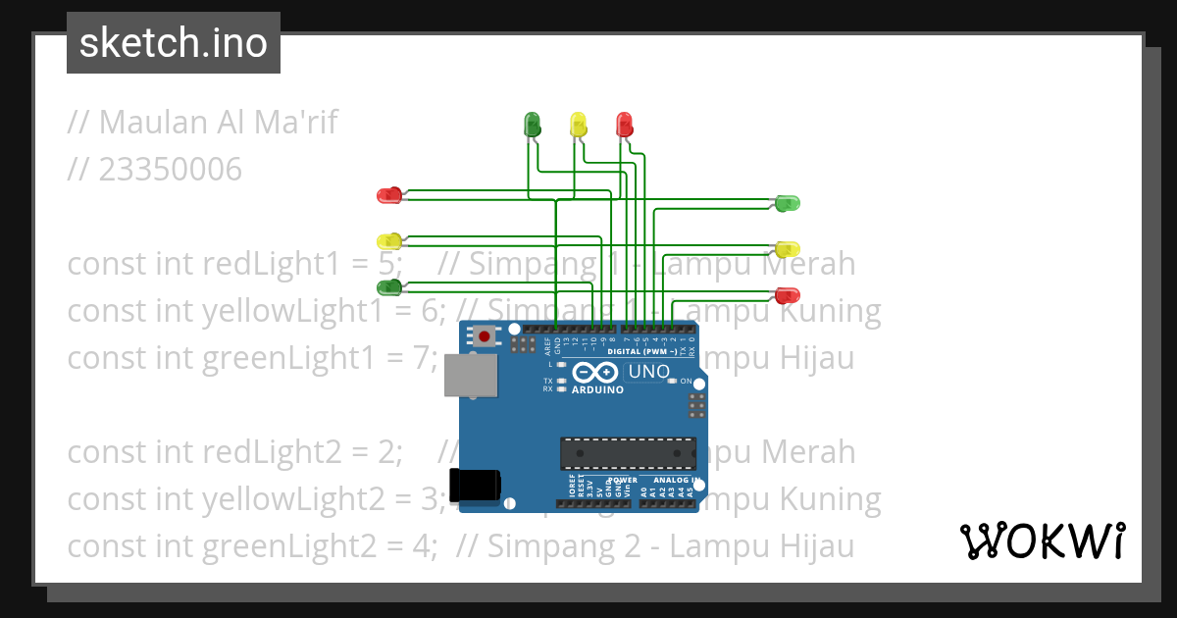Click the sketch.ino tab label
click(x=174, y=43)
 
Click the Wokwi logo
click(x=1042, y=541)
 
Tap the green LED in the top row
click(x=533, y=124)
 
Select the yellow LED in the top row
click(x=579, y=124)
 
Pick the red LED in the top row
click(x=624, y=124)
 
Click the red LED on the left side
click(x=389, y=195)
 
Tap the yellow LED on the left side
click(x=389, y=240)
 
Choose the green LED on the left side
click(x=389, y=287)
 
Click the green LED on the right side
click(x=788, y=203)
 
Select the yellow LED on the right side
click(x=788, y=249)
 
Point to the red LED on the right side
click(x=788, y=294)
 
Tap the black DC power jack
click(x=475, y=485)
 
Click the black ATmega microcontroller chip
click(x=628, y=453)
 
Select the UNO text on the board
click(x=648, y=372)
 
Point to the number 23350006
click(x=170, y=170)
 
